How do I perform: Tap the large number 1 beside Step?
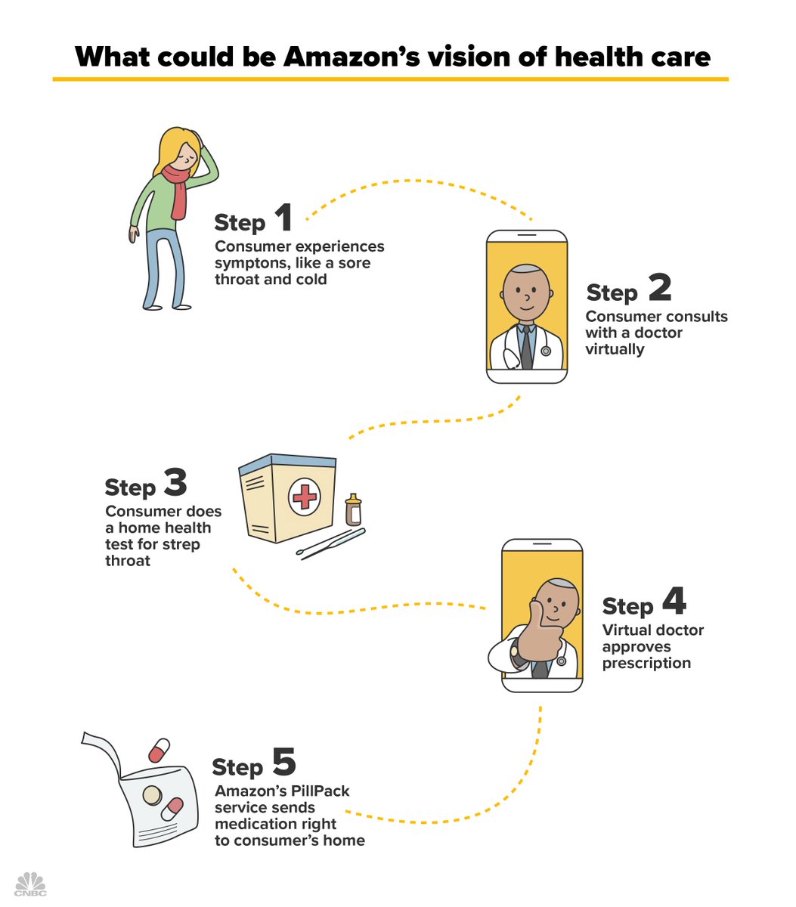pyautogui.click(x=283, y=218)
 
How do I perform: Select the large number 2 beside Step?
pyautogui.click(x=659, y=288)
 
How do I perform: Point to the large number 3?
pyautogui.click(x=175, y=483)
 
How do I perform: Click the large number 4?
pyautogui.click(x=674, y=602)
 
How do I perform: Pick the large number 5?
pyautogui.click(x=283, y=763)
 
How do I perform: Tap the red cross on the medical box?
pyautogui.click(x=305, y=497)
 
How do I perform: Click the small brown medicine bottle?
pyautogui.click(x=352, y=511)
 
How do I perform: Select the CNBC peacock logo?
pyautogui.click(x=29, y=884)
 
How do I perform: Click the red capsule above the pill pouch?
pyautogui.click(x=160, y=750)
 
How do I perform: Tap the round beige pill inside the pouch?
pyautogui.click(x=152, y=796)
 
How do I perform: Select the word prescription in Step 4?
pyautogui.click(x=646, y=664)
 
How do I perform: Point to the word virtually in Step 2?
pyautogui.click(x=615, y=349)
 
